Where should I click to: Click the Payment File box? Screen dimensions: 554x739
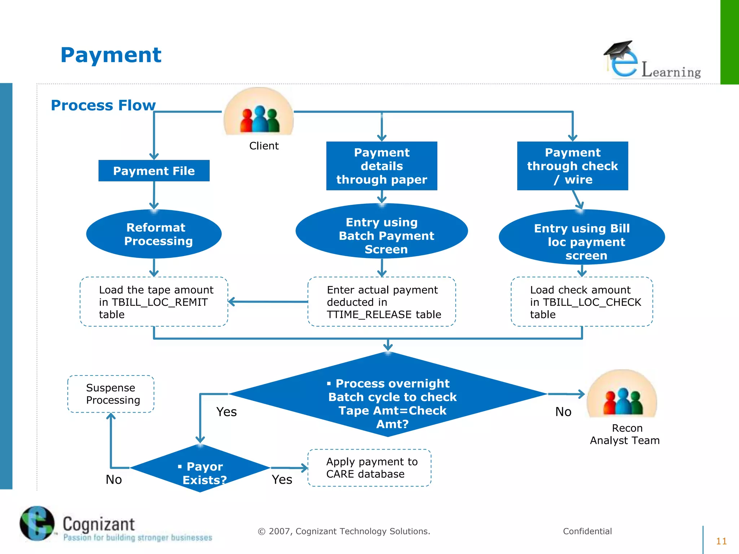(154, 171)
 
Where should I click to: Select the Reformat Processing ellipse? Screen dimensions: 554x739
(154, 234)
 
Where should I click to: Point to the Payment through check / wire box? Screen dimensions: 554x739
(572, 166)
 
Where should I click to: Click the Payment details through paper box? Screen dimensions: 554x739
(381, 166)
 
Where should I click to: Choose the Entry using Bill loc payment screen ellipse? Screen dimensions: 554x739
(582, 237)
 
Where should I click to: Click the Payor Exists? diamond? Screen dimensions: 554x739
(200, 468)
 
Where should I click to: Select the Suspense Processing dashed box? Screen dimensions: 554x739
(111, 394)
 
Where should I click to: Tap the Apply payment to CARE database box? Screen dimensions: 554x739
(369, 468)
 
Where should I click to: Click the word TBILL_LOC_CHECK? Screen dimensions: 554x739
(592, 302)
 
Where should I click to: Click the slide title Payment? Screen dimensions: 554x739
(111, 55)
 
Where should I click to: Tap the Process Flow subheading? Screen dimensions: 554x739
(103, 105)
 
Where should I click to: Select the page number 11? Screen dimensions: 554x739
(721, 541)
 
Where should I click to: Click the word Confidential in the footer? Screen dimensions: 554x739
(587, 531)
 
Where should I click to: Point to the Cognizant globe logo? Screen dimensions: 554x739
(37, 523)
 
